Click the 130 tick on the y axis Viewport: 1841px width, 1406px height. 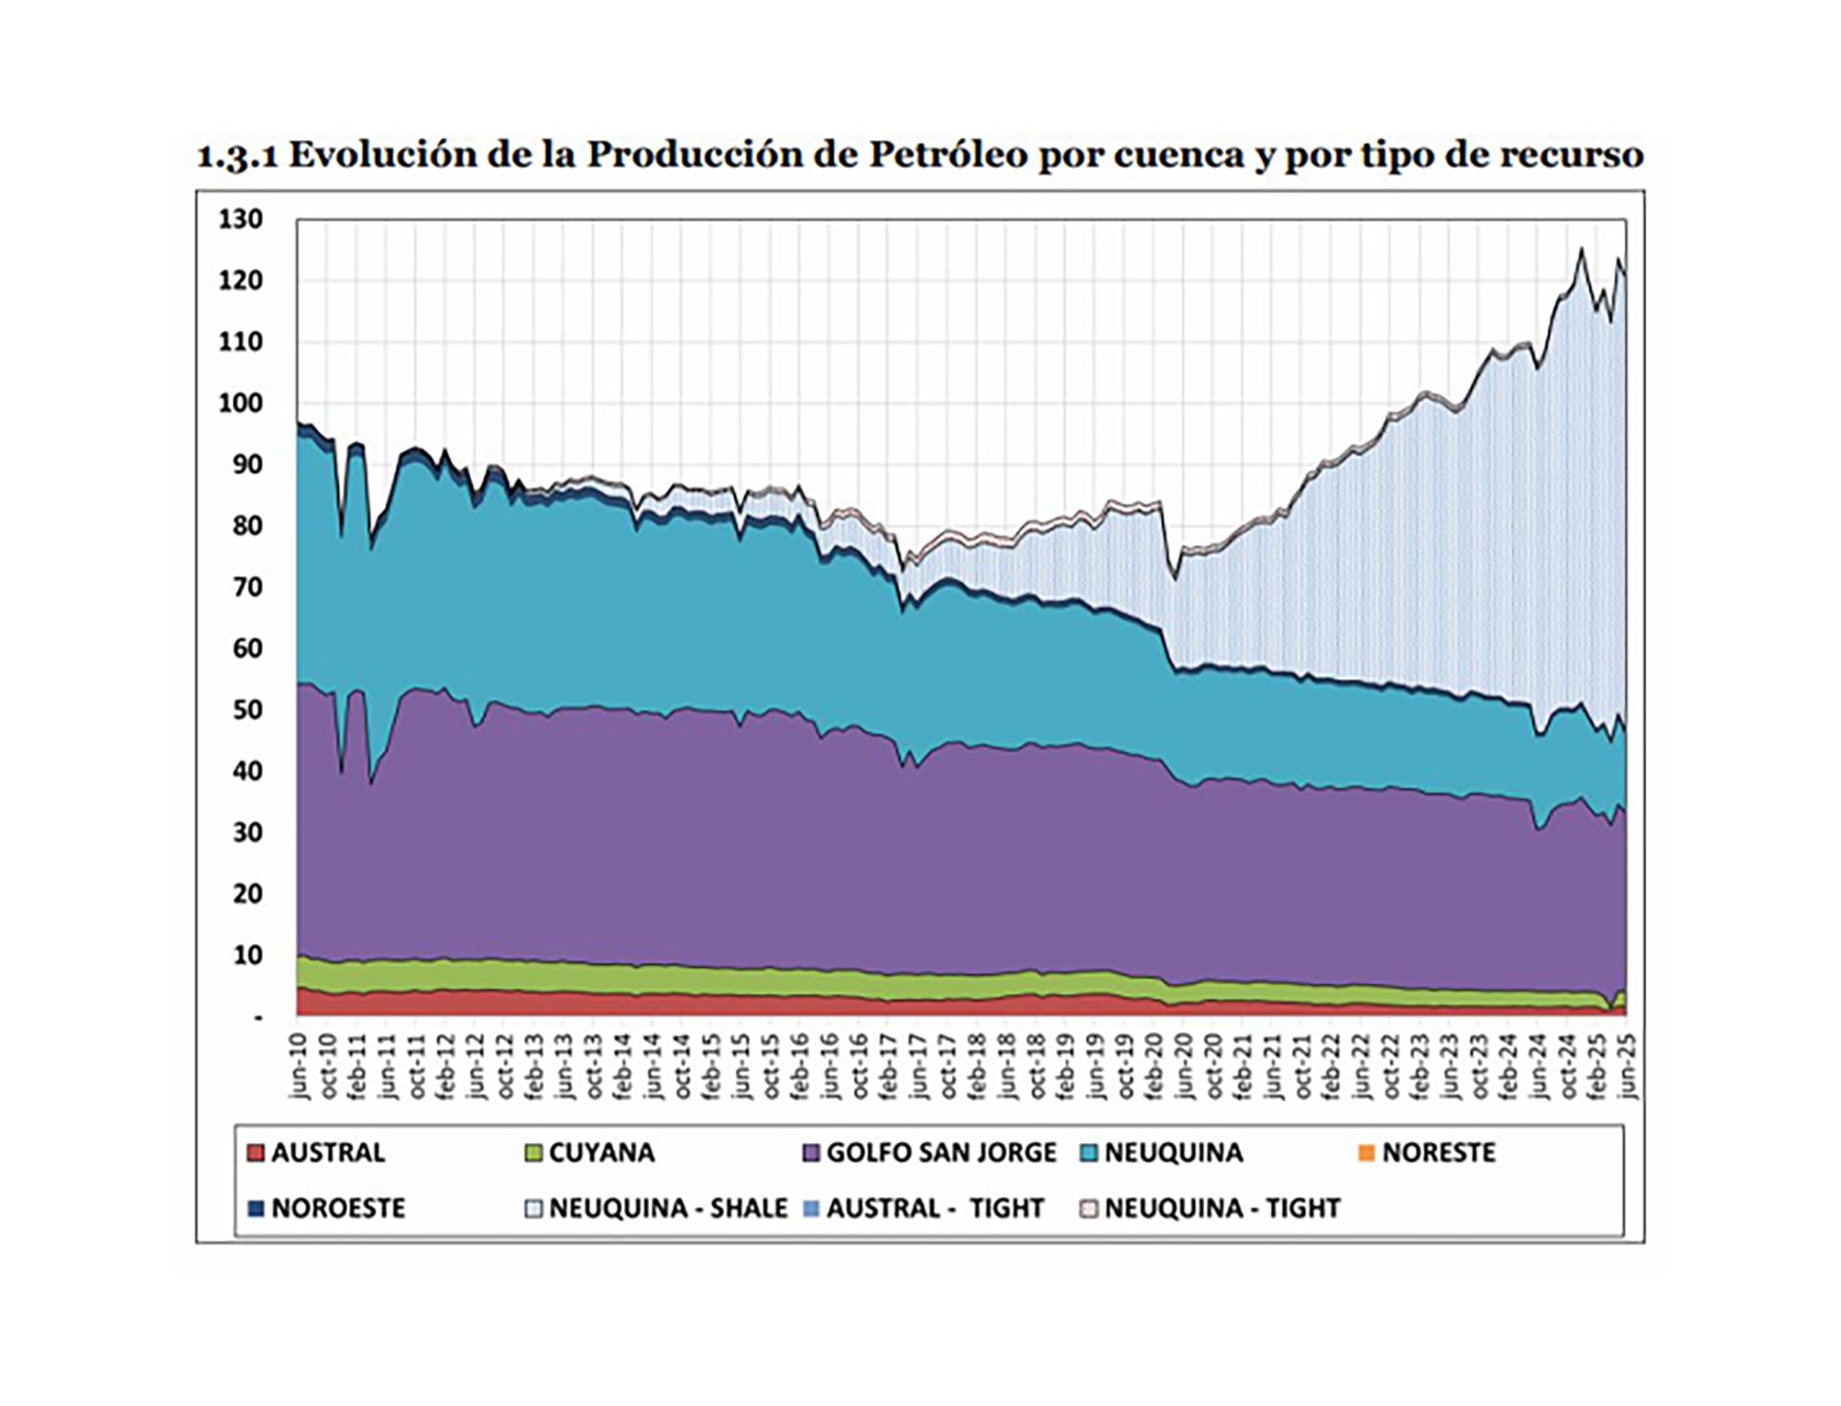tap(240, 220)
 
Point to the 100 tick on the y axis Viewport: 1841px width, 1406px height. tap(240, 403)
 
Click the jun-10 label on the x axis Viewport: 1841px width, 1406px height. tap(298, 1066)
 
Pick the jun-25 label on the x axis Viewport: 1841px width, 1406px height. tap(1627, 1066)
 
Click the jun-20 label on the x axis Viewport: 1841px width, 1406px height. tap(1184, 1066)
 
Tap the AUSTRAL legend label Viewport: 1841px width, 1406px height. tap(328, 1153)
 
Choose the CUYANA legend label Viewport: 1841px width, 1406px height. tap(601, 1153)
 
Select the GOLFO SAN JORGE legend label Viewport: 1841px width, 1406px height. tap(941, 1153)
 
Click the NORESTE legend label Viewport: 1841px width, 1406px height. tap(1438, 1153)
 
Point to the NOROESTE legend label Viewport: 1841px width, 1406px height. tap(338, 1208)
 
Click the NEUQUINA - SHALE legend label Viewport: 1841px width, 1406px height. tap(668, 1208)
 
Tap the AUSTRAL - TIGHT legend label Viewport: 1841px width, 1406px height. tap(935, 1208)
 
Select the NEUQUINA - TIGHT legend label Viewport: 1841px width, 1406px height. tap(1223, 1208)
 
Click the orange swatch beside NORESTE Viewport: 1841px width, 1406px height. tap(1367, 1153)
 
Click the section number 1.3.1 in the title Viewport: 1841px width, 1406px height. tap(237, 156)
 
